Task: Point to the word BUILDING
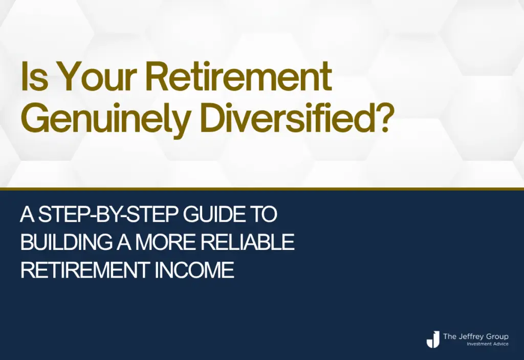tap(66, 242)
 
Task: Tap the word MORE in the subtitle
tap(165, 242)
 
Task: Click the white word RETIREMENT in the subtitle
tap(85, 270)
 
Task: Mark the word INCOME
tap(194, 270)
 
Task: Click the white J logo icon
tap(433, 339)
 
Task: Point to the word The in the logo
tap(449, 336)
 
